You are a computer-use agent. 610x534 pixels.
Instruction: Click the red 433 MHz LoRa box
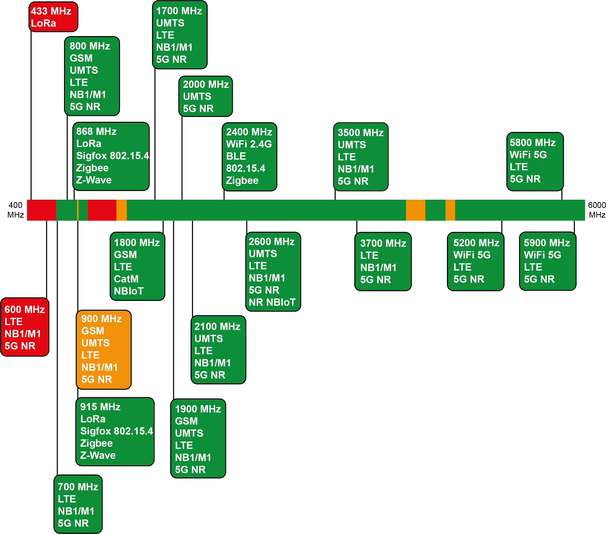(53, 17)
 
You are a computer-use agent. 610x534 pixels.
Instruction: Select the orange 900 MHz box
(104, 350)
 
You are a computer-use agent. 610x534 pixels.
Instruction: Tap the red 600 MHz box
(25, 327)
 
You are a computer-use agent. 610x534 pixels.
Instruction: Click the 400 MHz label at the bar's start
(16, 210)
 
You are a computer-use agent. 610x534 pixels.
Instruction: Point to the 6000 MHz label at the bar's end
(597, 210)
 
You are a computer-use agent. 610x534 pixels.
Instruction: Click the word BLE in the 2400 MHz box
(236, 156)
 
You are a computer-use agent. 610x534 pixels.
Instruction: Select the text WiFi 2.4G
(249, 144)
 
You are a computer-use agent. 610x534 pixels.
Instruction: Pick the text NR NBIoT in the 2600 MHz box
(272, 302)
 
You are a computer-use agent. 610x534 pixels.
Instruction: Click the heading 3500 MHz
(361, 133)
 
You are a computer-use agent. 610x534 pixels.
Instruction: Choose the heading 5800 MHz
(533, 142)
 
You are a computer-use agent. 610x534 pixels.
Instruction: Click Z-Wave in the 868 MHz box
(94, 180)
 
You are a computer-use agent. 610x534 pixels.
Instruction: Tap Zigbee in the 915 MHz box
(97, 443)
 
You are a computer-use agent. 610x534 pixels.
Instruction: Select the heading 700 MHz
(78, 487)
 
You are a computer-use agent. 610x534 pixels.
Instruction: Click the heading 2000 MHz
(206, 84)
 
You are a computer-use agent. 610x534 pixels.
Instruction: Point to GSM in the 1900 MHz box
(187, 421)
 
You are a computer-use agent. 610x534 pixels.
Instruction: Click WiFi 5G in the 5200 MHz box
(472, 255)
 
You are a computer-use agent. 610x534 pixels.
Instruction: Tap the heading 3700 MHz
(383, 243)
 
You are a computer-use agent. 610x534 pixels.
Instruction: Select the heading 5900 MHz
(547, 243)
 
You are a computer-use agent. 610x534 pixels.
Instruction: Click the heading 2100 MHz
(217, 326)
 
